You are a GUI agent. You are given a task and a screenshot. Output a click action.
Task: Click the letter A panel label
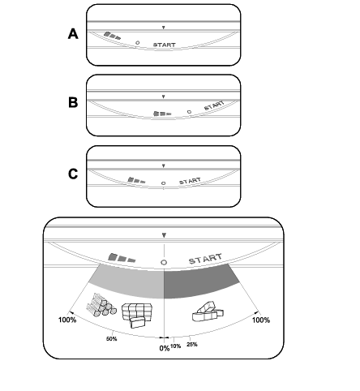(73, 34)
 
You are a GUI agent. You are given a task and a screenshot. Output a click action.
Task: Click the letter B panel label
(73, 103)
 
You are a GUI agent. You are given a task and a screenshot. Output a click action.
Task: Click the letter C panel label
(73, 174)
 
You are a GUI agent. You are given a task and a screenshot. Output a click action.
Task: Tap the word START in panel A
(165, 45)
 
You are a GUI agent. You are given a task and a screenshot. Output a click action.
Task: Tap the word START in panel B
(214, 105)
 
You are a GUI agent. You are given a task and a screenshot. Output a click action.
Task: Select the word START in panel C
(190, 181)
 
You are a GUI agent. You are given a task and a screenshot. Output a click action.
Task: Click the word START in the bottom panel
(205, 259)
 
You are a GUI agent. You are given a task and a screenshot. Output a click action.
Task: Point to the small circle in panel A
(138, 43)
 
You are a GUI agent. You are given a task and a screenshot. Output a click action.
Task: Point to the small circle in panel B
(189, 112)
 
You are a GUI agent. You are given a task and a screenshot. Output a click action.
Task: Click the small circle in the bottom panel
(164, 262)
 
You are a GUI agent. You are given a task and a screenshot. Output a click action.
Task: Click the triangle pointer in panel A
(163, 28)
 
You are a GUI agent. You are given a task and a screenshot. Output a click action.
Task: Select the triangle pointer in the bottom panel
(164, 235)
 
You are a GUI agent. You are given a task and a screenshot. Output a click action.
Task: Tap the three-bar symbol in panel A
(112, 36)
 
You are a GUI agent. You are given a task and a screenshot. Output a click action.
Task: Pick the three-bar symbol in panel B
(162, 114)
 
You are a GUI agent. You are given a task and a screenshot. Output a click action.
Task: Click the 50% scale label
(112, 339)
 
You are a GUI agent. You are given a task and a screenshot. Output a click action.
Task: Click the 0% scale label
(165, 348)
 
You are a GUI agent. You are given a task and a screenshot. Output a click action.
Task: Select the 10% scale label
(176, 346)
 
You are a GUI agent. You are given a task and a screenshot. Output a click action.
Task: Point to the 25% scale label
(192, 344)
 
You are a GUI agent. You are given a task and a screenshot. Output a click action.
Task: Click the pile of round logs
(101, 305)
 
